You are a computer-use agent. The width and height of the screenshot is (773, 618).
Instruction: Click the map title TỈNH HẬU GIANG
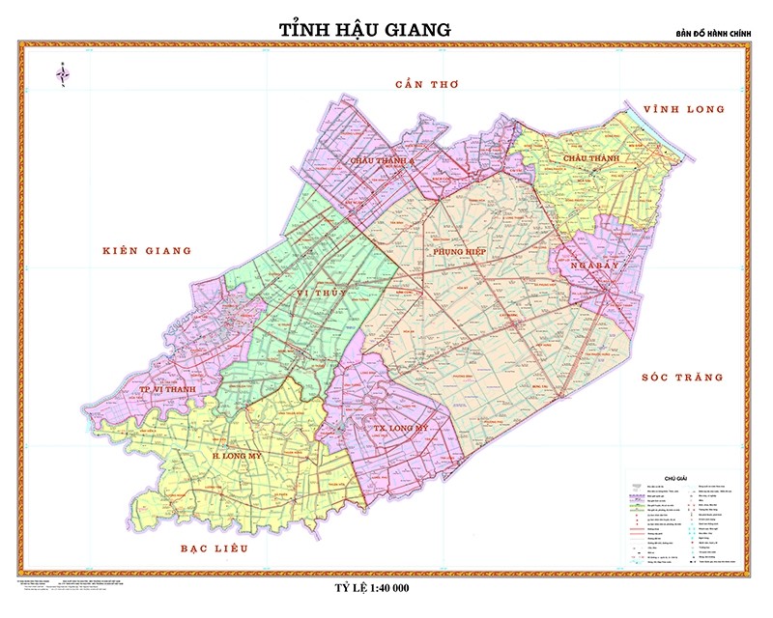[x=365, y=30]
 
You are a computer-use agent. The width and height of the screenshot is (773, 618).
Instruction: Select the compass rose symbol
[x=64, y=72]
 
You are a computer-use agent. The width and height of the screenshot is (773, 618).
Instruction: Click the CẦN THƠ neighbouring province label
[x=427, y=85]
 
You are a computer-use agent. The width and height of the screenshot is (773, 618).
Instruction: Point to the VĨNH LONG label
[x=684, y=109]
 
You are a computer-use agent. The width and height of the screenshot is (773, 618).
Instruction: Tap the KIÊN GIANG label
[x=147, y=251]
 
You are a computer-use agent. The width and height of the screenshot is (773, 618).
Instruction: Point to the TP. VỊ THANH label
[x=167, y=389]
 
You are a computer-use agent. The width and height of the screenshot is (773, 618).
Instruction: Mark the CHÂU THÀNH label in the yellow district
[x=588, y=156]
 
